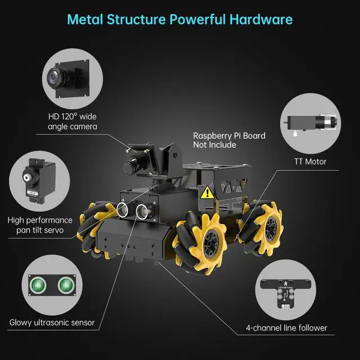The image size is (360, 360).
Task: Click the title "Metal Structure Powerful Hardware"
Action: click(x=179, y=20)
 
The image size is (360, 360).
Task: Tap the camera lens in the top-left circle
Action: click(x=57, y=75)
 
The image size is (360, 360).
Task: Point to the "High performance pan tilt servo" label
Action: click(x=40, y=225)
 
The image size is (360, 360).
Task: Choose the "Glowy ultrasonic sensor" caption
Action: click(x=52, y=323)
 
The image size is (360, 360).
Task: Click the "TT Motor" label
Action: click(x=310, y=161)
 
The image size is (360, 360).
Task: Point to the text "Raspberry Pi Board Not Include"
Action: click(x=229, y=140)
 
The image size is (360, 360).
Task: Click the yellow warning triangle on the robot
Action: click(x=208, y=192)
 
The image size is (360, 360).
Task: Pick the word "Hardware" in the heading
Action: click(x=261, y=20)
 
